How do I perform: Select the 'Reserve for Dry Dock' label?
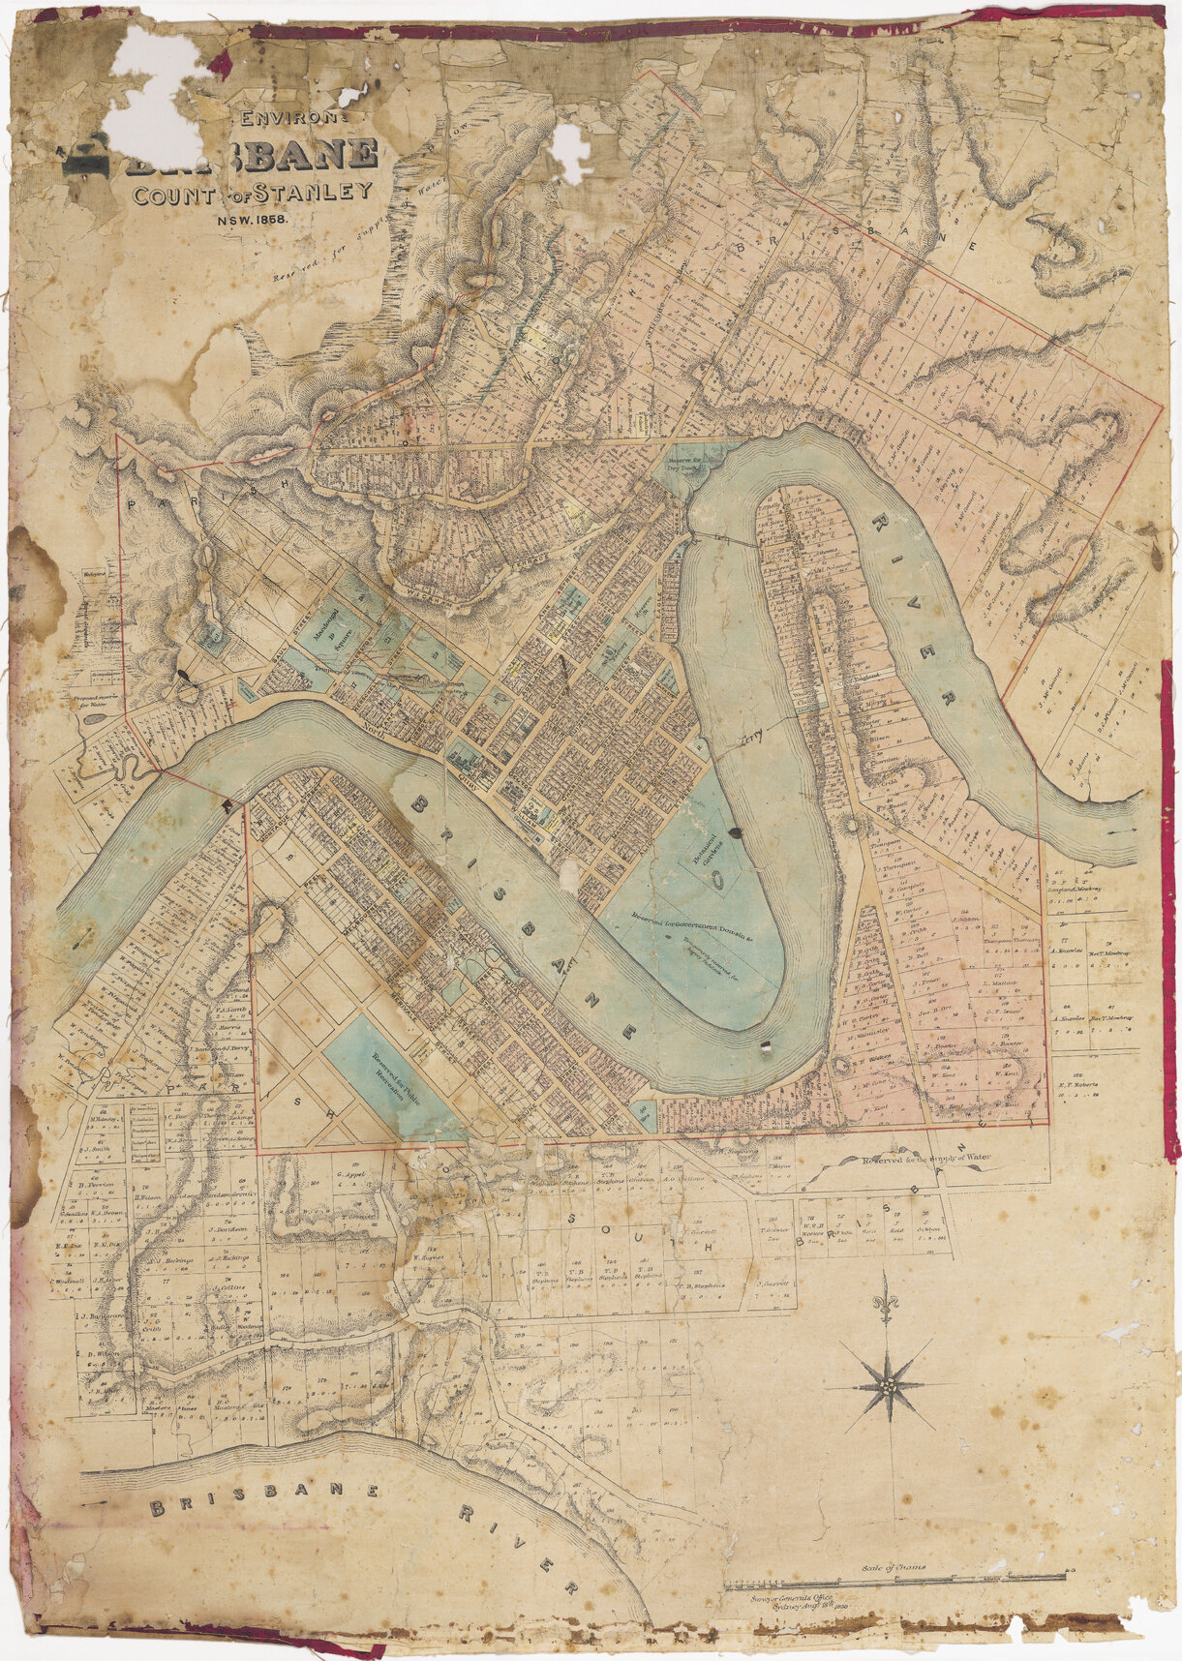coord(688,466)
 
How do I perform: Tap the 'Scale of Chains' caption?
coord(894,1567)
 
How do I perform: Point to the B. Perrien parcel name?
coord(98,1185)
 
